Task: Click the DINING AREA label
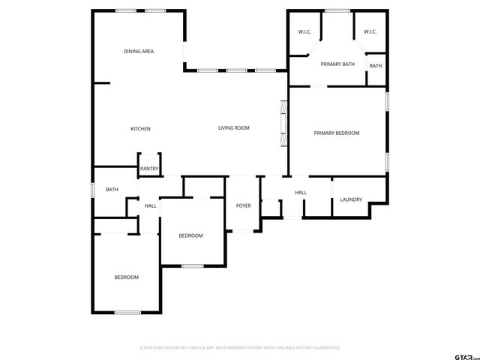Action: point(139,51)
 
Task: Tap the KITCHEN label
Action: point(140,129)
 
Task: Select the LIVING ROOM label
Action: point(233,128)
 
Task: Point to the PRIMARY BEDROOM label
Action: point(336,133)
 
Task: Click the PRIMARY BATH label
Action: point(337,64)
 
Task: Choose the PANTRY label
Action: point(148,169)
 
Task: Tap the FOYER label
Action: point(244,205)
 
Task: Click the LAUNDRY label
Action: point(351,199)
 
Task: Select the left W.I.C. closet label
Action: point(304,31)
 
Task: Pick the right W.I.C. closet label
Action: point(370,31)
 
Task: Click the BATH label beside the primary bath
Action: point(375,66)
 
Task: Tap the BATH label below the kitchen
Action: point(112,190)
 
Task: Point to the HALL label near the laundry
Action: point(301,193)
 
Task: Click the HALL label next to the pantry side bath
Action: point(151,205)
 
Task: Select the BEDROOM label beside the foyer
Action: point(190,235)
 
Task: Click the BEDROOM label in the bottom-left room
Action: point(126,277)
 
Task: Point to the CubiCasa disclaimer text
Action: point(240,348)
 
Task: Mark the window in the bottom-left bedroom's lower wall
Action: point(127,312)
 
